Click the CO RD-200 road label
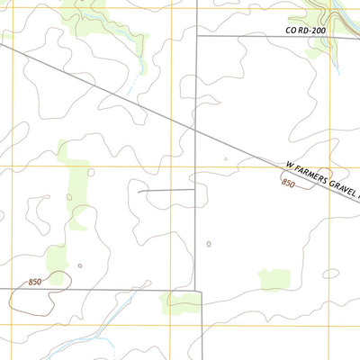pos(305,31)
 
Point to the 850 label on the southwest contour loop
pos(35,283)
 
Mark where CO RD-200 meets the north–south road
pos(197,37)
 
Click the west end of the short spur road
pos(138,191)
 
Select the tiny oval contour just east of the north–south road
pos(209,244)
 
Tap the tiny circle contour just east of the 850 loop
pos(80,265)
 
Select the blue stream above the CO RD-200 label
pos(335,13)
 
